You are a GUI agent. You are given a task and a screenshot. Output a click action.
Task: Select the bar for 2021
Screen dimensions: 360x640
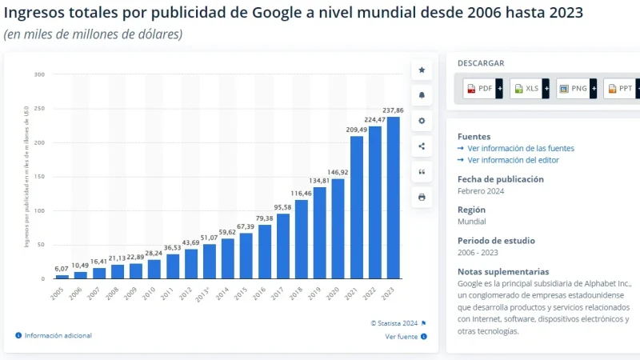[356, 207]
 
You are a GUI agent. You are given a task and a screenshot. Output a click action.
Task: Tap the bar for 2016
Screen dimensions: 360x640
[264, 251]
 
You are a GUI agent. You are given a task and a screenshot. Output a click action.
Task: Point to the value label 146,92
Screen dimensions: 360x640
[338, 172]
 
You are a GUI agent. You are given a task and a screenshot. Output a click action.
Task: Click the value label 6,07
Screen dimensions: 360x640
[62, 268]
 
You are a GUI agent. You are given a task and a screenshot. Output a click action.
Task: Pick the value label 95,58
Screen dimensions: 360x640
[282, 207]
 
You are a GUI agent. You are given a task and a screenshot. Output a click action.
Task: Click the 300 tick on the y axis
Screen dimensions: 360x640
[38, 74]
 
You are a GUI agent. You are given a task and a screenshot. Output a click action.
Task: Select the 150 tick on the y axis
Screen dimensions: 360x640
[38, 177]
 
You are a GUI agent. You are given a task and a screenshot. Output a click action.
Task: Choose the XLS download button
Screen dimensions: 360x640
[528, 88]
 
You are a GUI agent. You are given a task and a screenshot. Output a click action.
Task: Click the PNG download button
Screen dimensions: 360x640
[574, 88]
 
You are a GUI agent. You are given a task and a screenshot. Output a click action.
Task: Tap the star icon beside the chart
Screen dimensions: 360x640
[422, 70]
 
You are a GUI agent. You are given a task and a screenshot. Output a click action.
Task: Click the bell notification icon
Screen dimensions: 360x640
[422, 95]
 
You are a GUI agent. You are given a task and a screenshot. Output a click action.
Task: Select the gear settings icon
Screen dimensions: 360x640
[422, 121]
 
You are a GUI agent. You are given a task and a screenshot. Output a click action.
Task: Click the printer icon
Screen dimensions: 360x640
[422, 197]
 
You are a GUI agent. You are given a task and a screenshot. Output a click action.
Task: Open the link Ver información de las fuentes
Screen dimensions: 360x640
[521, 148]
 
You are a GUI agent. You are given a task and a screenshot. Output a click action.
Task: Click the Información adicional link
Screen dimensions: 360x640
[58, 335]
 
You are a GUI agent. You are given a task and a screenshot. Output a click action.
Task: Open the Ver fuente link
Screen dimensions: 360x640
[402, 337]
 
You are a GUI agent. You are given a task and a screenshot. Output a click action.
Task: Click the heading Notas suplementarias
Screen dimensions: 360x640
[503, 271]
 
